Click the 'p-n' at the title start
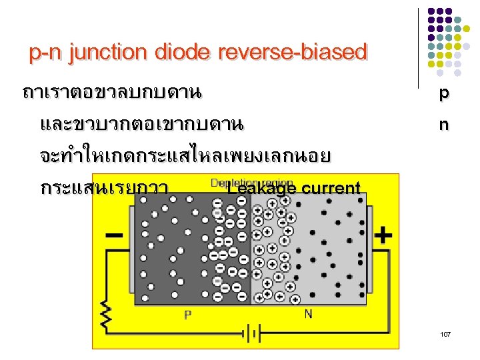pyautogui.click(x=44, y=52)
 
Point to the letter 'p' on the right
pyautogui.click(x=443, y=95)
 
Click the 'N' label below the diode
pyautogui.click(x=308, y=313)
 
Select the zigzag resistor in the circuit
pyautogui.click(x=105, y=313)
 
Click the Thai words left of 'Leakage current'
pyautogui.click(x=103, y=189)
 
